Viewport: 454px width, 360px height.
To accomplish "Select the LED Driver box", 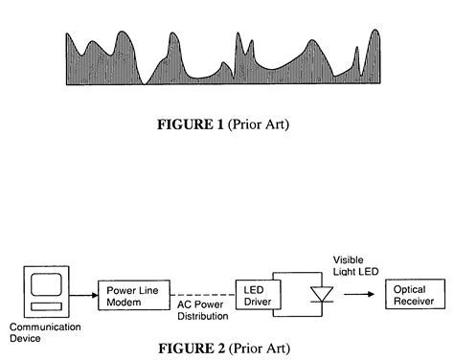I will coord(256,296).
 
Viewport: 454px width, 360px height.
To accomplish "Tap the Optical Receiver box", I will coord(414,294).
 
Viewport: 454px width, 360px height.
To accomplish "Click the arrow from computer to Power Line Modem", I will coord(84,293).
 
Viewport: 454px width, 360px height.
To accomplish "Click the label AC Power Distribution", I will coord(204,310).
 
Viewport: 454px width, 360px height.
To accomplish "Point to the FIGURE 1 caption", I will coord(226,125).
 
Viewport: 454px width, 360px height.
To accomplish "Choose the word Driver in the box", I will coord(256,303).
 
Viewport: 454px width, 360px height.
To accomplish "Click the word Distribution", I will coord(204,316).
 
